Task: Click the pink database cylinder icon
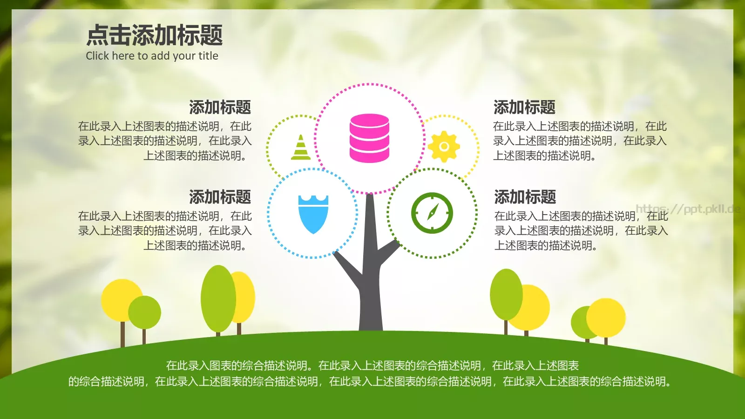coord(369,138)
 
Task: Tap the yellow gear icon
coord(444,147)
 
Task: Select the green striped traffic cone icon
coord(301,148)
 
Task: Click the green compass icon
coord(432,213)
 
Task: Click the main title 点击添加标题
coord(155,35)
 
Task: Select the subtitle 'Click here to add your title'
coord(152,56)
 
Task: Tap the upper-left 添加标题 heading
coord(220,108)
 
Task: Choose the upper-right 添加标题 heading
coord(524,108)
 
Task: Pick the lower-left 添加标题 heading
coord(220,197)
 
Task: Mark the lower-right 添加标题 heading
coord(525,197)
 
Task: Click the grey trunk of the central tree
coord(370,289)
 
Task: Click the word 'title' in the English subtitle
coord(208,56)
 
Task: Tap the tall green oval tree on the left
coord(218,298)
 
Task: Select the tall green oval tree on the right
coord(506,294)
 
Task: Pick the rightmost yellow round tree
coord(606,318)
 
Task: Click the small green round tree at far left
coord(145,312)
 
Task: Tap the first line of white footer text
coord(372,366)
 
